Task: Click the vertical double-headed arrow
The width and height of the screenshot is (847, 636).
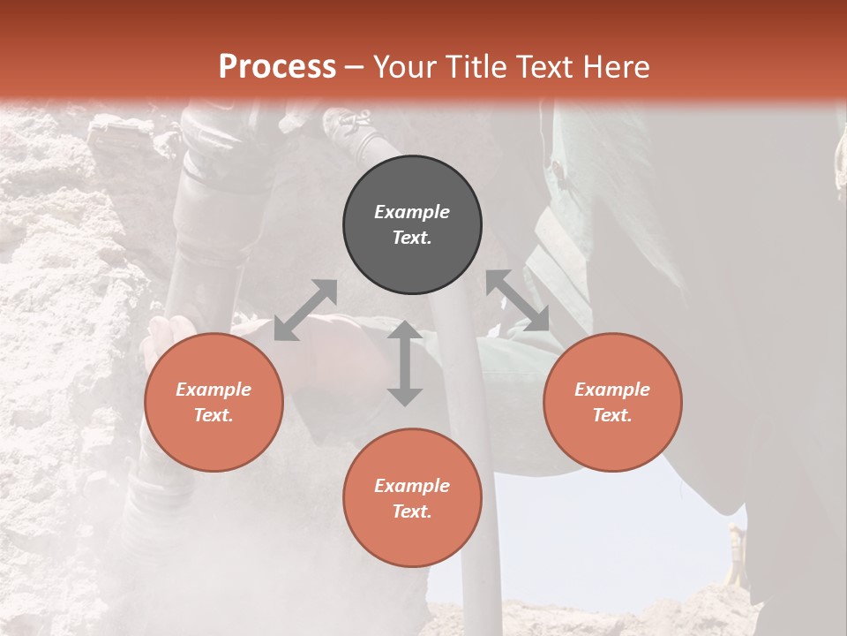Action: click(x=405, y=363)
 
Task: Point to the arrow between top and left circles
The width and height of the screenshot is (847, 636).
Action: click(x=305, y=310)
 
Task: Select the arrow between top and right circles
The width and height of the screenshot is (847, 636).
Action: click(x=518, y=300)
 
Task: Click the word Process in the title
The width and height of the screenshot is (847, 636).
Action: click(x=277, y=66)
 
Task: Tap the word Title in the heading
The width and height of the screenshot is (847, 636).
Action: click(x=476, y=66)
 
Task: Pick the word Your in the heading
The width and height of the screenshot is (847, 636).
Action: click(x=403, y=66)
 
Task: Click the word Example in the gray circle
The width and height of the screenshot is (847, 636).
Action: click(x=412, y=212)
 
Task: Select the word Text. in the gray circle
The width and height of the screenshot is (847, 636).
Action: click(x=412, y=238)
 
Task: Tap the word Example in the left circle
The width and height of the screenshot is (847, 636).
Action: click(x=214, y=390)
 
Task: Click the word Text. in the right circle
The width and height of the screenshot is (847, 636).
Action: click(x=612, y=415)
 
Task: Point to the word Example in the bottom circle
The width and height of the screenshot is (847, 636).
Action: click(x=412, y=486)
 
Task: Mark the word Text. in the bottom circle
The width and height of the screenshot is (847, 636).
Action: click(x=412, y=511)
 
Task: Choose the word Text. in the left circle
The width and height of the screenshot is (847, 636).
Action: click(x=214, y=415)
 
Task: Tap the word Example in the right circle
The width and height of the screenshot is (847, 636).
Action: click(x=612, y=390)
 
